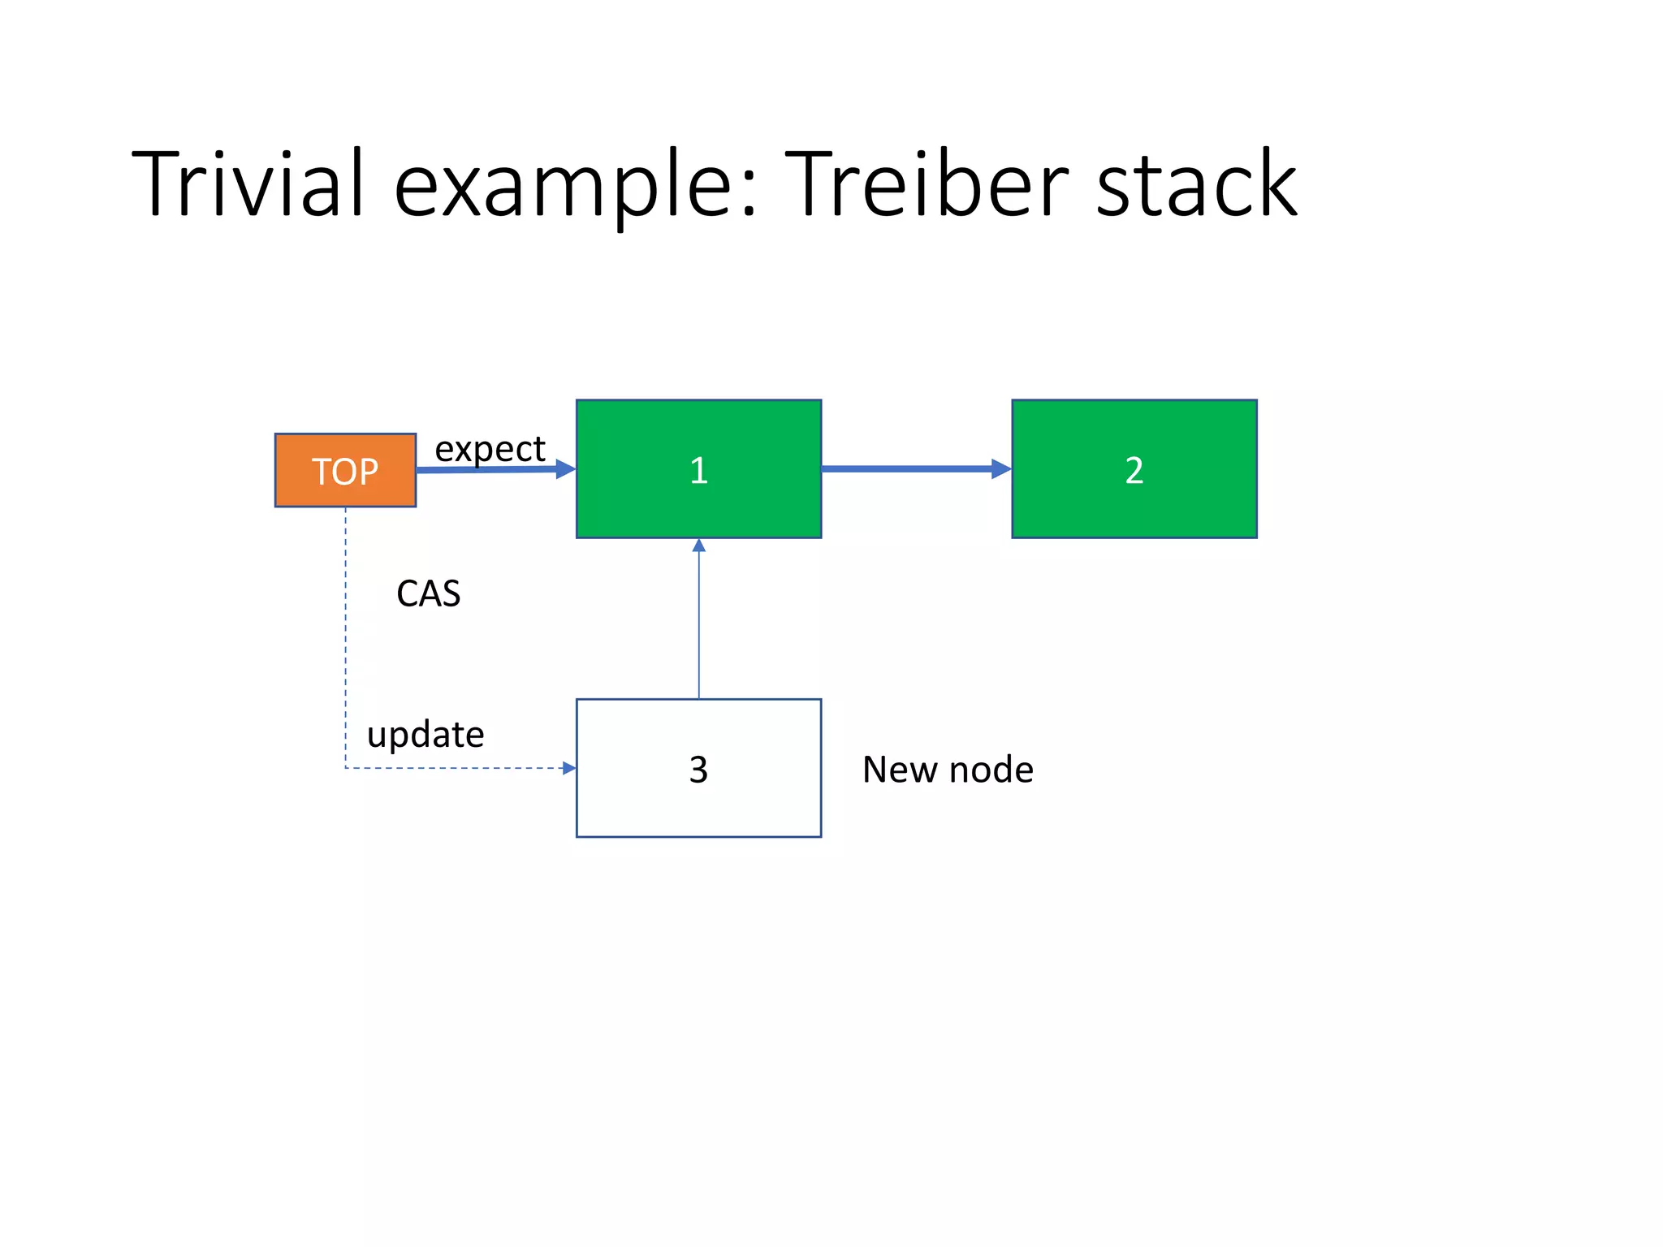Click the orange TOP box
coord(345,470)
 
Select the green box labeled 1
coord(698,468)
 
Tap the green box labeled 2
coord(1134,468)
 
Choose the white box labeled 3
coord(698,767)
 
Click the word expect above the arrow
coord(490,449)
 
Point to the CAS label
coord(428,593)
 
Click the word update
coord(425,735)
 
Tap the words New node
coord(948,769)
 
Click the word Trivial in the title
coord(247,184)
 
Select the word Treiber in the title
coord(925,184)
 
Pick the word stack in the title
coord(1196,184)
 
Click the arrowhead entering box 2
coord(1001,468)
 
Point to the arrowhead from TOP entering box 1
coord(565,468)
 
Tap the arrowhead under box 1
coord(698,546)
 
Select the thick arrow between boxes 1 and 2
coord(909,468)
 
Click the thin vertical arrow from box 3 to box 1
coord(698,625)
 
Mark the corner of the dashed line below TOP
coord(346,767)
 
